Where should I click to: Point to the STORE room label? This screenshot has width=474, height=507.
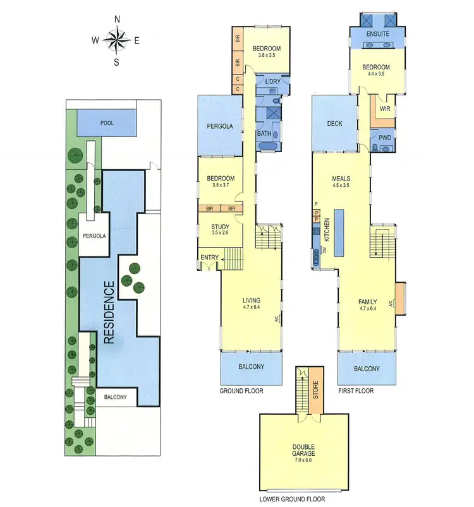pos(314,393)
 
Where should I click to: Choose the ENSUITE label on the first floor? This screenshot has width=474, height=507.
pos(375,33)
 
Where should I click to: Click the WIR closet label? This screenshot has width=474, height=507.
pos(385,109)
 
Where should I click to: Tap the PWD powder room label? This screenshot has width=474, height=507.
pos(385,138)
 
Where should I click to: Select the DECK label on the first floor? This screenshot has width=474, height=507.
pos(334,124)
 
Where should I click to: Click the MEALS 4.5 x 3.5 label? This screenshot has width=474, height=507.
pos(341,182)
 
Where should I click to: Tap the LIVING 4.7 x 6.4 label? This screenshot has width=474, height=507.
pos(252,304)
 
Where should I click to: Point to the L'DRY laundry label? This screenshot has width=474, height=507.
pos(273,83)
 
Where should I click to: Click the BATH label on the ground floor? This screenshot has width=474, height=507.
pos(264,133)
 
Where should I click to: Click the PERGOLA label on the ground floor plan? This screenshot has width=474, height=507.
pos(219,126)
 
